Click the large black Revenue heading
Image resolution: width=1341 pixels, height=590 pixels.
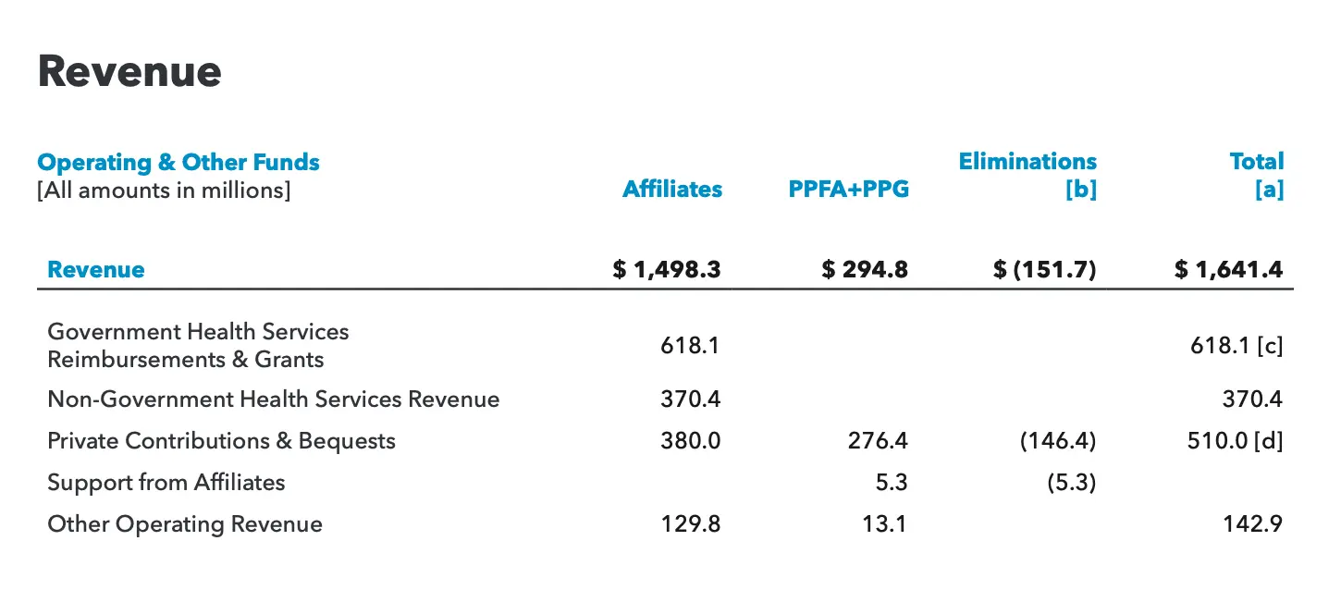click(129, 72)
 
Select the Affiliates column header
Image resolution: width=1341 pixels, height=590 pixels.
click(672, 190)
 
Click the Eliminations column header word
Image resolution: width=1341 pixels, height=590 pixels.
click(1027, 162)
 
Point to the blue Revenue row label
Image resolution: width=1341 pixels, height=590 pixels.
click(96, 270)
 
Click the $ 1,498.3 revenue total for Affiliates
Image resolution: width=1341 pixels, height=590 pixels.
click(666, 270)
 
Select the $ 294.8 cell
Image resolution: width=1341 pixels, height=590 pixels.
click(865, 270)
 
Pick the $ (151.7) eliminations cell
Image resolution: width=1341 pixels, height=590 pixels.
click(1044, 270)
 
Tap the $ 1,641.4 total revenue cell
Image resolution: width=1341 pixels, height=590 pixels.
click(1228, 270)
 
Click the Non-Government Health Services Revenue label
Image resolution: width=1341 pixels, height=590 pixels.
click(273, 399)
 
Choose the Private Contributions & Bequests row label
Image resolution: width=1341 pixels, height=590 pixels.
click(221, 441)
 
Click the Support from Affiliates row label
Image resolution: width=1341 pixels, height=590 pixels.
click(166, 483)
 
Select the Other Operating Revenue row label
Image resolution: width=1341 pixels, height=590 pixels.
click(185, 524)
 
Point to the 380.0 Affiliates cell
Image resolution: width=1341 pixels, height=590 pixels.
click(690, 441)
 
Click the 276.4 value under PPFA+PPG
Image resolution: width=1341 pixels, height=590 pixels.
click(878, 441)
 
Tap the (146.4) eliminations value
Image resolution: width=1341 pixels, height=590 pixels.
click(1058, 441)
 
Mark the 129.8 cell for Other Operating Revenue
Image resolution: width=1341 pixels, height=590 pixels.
click(690, 524)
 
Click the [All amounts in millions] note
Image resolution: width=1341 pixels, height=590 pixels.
click(164, 191)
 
